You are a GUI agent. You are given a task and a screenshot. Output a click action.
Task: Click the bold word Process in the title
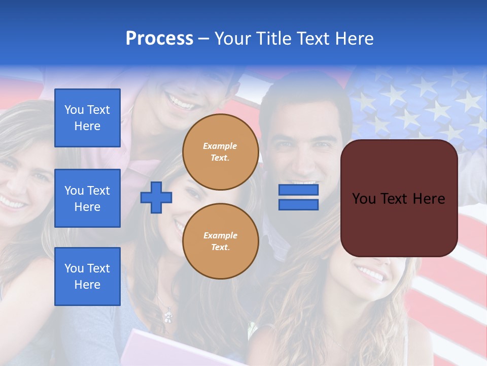click(159, 39)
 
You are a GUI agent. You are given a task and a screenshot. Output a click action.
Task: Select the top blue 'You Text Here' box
click(87, 118)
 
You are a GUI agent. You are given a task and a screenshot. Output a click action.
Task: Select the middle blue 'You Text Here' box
click(87, 198)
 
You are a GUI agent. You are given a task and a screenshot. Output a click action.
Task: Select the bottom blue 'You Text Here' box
click(87, 277)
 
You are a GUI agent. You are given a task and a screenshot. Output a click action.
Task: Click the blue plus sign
click(156, 197)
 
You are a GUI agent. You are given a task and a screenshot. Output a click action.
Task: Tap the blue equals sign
click(298, 197)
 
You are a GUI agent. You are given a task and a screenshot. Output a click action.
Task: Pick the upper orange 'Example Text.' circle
click(220, 152)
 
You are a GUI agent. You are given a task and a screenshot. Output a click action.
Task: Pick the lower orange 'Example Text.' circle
click(220, 241)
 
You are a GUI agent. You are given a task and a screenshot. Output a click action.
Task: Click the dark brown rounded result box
click(399, 198)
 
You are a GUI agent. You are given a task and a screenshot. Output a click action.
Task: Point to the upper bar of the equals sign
click(298, 190)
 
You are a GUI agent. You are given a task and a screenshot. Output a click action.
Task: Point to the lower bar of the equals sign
click(298, 205)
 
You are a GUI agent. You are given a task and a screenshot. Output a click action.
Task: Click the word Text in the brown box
click(398, 199)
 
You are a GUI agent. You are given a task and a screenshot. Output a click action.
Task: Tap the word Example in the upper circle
click(220, 146)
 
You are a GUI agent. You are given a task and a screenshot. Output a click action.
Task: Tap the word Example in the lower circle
click(220, 235)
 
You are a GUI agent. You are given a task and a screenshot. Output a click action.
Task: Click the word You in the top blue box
click(74, 110)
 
